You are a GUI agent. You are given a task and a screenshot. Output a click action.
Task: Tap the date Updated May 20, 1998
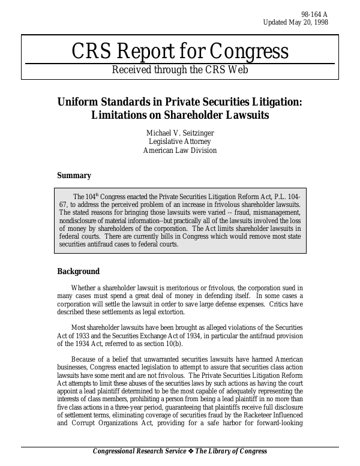pyautogui.click(x=296, y=23)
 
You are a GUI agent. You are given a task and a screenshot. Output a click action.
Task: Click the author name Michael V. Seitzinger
pyautogui.click(x=180, y=132)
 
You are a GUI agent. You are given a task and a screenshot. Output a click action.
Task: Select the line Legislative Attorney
pyautogui.click(x=180, y=142)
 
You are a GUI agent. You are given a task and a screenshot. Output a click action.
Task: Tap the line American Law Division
pyautogui.click(x=180, y=151)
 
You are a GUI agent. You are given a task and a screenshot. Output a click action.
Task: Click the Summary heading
pyautogui.click(x=74, y=176)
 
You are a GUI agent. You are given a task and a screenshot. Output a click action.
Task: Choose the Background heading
pyautogui.click(x=78, y=272)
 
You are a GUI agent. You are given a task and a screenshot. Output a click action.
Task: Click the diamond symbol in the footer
pyautogui.click(x=193, y=452)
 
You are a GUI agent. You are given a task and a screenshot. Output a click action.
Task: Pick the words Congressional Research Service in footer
pyautogui.click(x=140, y=452)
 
